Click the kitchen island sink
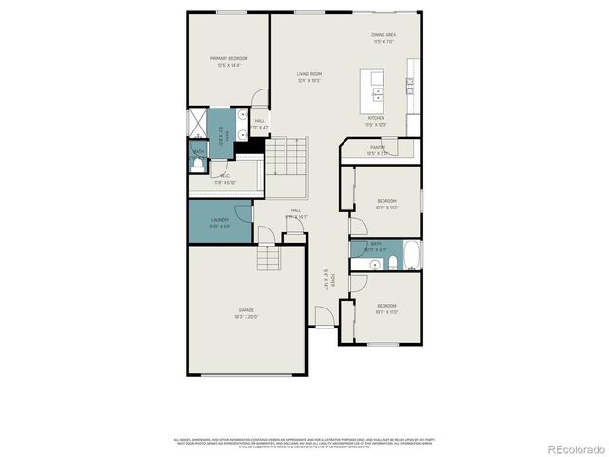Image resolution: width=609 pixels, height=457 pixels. (378, 94)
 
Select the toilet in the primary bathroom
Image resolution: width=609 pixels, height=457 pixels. (197, 164)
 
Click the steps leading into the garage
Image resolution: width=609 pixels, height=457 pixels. (269, 257)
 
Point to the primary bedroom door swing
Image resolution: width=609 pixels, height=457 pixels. (260, 99)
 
